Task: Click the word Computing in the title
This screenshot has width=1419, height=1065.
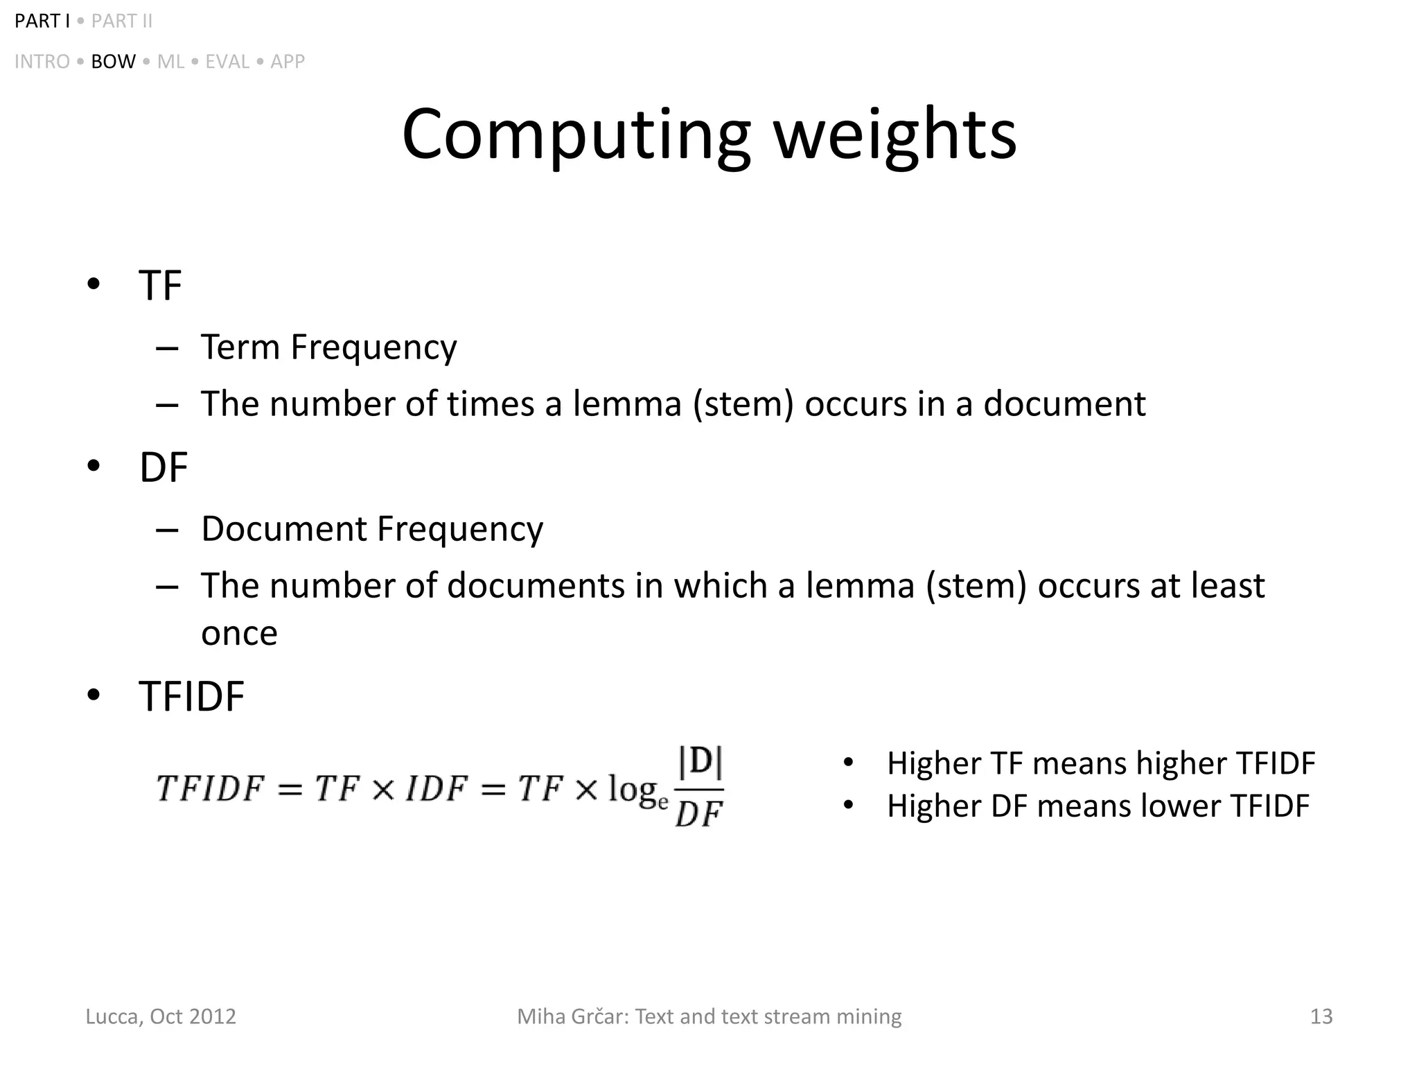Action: click(576, 135)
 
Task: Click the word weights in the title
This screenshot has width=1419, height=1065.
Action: click(894, 135)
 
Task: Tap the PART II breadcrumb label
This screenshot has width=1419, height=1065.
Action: click(122, 21)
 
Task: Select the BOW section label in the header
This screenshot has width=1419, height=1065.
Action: click(113, 62)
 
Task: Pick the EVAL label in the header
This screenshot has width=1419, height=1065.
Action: click(227, 62)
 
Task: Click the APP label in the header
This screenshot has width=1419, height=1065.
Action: click(288, 62)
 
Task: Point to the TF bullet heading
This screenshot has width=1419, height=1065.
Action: click(160, 285)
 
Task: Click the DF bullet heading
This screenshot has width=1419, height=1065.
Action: click(164, 467)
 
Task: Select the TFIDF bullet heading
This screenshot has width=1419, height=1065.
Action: click(192, 696)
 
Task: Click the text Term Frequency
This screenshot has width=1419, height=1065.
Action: click(328, 347)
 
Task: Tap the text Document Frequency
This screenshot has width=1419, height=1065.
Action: click(372, 529)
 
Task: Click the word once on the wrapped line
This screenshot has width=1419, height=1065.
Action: click(239, 633)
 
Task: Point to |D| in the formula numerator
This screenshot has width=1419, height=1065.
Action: click(700, 762)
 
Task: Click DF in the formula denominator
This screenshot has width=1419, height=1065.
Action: click(698, 813)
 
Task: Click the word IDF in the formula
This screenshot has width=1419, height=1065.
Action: click(436, 789)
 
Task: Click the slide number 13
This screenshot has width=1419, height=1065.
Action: click(1321, 1016)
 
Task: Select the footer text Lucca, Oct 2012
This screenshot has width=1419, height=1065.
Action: click(161, 1016)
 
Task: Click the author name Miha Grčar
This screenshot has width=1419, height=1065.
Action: click(572, 1016)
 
